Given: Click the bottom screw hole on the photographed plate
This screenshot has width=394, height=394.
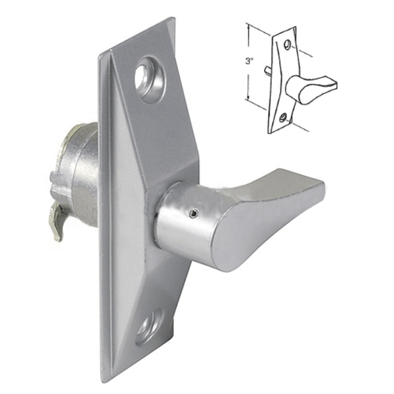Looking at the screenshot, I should tap(148, 326).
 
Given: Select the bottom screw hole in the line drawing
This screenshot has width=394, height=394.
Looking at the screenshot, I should tap(282, 118).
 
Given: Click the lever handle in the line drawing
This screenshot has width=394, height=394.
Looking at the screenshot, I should tap(309, 85).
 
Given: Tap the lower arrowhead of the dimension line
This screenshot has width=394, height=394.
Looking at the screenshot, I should tap(248, 98).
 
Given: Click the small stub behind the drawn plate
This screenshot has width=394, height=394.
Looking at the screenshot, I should tap(267, 69).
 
